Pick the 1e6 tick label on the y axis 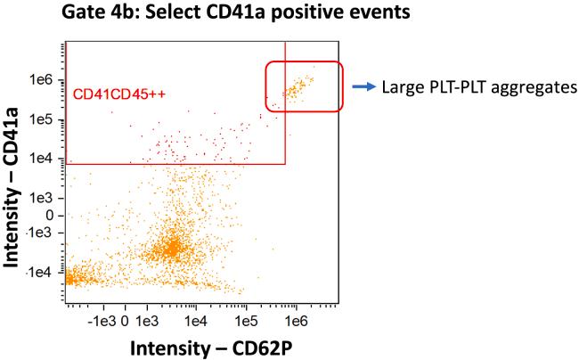point(42,80)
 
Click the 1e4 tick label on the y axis point(42,159)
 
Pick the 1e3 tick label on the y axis point(42,197)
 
